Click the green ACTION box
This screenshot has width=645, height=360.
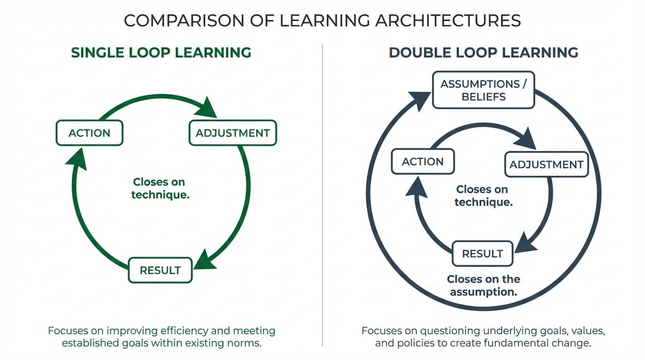pyautogui.click(x=89, y=133)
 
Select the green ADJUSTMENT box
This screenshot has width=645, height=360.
pyautogui.click(x=232, y=133)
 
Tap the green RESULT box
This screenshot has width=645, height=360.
pyautogui.click(x=160, y=270)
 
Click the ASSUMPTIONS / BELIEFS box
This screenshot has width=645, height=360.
pyautogui.click(x=483, y=90)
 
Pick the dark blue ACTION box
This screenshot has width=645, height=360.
pyautogui.click(x=422, y=162)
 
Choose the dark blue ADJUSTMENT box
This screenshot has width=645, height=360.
pyautogui.click(x=546, y=165)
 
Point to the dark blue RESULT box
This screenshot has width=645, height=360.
pyautogui.click(x=482, y=254)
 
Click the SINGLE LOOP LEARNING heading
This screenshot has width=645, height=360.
pyautogui.click(x=161, y=52)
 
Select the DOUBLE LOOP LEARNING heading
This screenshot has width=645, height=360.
pyautogui.click(x=483, y=52)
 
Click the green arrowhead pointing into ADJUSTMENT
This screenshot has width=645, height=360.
pyautogui.click(x=206, y=108)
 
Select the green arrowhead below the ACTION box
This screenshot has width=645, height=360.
pyautogui.click(x=76, y=159)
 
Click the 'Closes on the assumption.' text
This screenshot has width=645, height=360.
pyautogui.click(x=483, y=285)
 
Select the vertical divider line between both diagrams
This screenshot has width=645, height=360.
pyautogui.click(x=322, y=197)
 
